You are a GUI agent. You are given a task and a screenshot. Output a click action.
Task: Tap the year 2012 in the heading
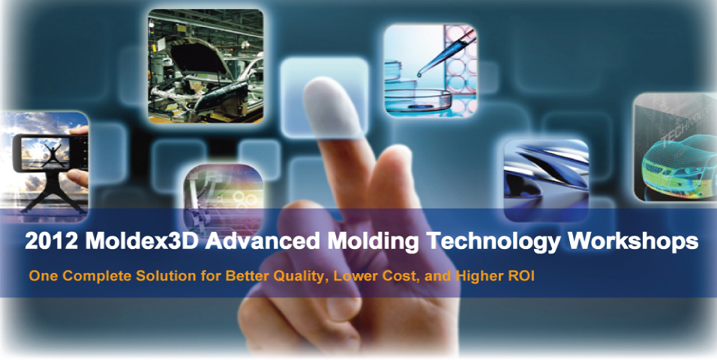(x=51, y=241)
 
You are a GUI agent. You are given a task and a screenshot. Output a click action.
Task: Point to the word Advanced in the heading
(x=262, y=241)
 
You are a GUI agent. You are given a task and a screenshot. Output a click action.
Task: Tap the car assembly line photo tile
(x=205, y=66)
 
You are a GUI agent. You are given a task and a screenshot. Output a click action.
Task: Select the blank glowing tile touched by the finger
(x=324, y=97)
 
